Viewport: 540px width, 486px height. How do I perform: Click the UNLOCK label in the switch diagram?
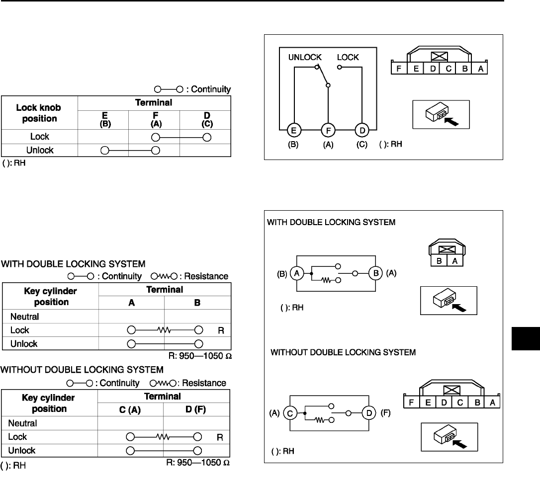point(305,57)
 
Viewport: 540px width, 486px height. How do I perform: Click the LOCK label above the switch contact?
point(348,57)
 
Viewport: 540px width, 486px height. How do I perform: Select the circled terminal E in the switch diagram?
point(294,131)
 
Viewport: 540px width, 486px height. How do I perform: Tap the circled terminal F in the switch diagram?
point(328,131)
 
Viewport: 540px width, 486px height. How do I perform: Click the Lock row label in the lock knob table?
point(40,137)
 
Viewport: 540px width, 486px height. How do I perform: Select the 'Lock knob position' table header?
point(40,113)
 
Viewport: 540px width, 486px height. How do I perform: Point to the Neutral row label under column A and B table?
point(24,316)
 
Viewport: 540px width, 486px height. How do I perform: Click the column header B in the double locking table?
point(197,302)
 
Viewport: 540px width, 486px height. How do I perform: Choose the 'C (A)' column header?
point(131,409)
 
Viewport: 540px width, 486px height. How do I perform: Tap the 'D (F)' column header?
point(197,409)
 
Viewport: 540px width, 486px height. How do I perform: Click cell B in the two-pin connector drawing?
point(440,260)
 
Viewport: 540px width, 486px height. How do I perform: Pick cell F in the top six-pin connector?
point(399,69)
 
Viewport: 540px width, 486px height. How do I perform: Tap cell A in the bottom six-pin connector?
point(492,403)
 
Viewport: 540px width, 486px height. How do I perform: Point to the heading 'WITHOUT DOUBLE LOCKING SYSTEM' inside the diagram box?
point(343,353)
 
